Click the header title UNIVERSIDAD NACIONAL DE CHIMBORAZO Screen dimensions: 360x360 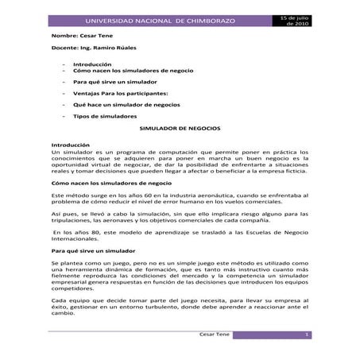pos(161,19)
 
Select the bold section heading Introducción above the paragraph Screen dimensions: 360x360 pos(71,145)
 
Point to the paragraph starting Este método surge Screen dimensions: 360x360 pos(180,199)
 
